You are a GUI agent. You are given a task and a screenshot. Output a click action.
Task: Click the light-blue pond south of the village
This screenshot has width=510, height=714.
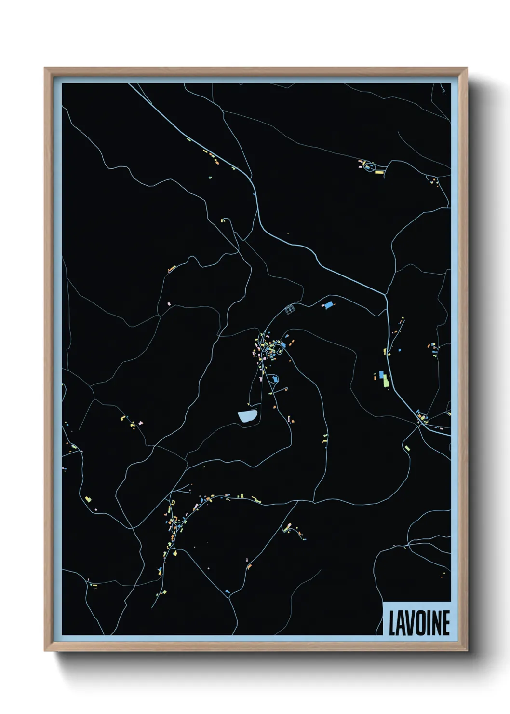[248, 416]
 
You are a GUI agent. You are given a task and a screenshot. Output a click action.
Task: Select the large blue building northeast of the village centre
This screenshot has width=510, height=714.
[329, 305]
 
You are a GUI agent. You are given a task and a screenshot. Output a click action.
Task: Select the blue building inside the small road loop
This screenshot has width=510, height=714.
[275, 380]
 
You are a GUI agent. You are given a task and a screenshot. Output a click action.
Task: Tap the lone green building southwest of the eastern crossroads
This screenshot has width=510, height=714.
[407, 448]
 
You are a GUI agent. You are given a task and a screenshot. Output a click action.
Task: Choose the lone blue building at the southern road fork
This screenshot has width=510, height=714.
[227, 591]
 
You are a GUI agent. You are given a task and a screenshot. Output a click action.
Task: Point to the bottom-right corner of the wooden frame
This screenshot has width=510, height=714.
[467, 651]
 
